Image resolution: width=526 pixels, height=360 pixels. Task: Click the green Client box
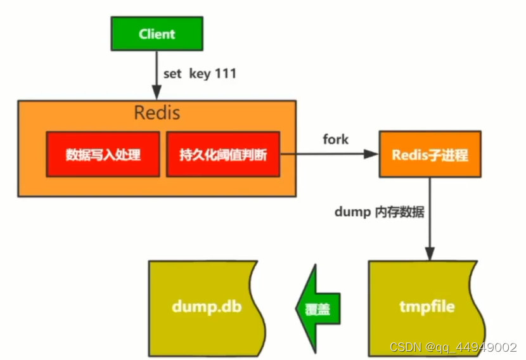(x=157, y=34)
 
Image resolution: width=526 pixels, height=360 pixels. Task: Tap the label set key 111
(x=200, y=74)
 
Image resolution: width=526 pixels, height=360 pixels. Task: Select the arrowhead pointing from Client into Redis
(x=157, y=93)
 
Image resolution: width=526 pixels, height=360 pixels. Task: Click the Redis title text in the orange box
(x=157, y=113)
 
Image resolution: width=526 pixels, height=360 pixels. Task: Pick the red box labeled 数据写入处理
(x=103, y=155)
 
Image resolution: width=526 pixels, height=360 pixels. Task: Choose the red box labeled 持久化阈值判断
(x=223, y=155)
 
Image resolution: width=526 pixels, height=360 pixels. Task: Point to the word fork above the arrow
(x=335, y=139)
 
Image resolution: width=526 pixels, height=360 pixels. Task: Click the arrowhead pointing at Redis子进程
(x=371, y=154)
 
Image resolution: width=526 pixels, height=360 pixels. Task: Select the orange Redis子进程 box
(x=430, y=155)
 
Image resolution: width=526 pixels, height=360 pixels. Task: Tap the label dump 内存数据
(x=380, y=212)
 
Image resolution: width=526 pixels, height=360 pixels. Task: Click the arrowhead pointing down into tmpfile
(x=430, y=254)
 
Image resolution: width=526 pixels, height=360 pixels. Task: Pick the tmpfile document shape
(x=427, y=308)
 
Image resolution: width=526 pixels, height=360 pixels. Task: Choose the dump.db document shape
(x=207, y=308)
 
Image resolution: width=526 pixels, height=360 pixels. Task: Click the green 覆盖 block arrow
(x=318, y=309)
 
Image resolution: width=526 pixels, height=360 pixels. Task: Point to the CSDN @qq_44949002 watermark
(x=453, y=347)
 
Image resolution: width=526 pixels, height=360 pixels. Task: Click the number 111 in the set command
(x=226, y=73)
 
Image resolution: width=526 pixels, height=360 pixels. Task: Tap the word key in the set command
(x=200, y=74)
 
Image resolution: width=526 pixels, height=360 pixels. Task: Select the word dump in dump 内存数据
(x=352, y=212)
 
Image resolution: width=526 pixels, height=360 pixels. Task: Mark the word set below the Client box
(x=172, y=74)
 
